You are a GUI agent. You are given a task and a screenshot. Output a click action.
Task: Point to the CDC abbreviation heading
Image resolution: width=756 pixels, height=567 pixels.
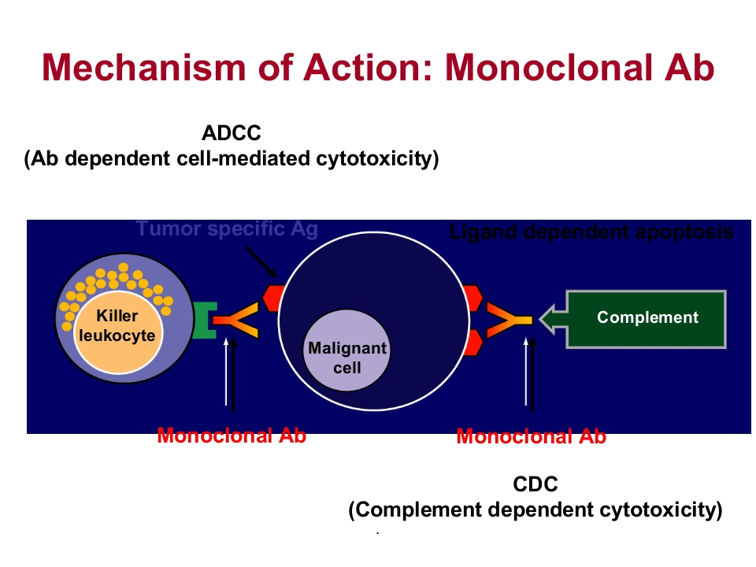point(535,484)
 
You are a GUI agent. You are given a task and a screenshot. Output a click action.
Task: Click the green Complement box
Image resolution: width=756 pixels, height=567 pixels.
point(647,318)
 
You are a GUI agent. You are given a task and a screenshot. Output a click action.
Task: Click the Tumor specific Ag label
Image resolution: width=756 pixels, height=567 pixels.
point(226,229)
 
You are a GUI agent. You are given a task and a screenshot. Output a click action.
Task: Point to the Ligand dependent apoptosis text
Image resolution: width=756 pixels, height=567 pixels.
point(591,232)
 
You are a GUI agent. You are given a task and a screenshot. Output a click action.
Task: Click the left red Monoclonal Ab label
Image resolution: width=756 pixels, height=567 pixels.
point(231,435)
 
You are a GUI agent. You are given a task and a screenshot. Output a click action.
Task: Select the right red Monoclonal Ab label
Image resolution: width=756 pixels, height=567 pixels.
point(531,436)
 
